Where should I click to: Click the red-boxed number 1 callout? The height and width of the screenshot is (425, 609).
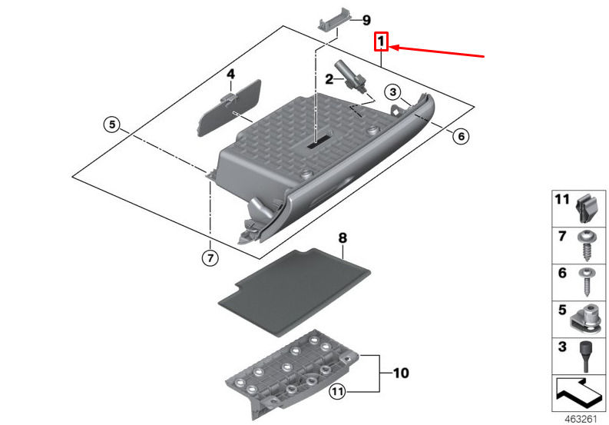click(381, 42)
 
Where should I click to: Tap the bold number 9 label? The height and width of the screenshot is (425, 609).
click(366, 20)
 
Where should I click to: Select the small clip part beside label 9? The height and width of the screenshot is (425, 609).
click(335, 18)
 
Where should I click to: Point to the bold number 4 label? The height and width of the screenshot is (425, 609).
click(230, 74)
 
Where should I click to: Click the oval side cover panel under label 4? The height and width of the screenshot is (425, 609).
click(229, 108)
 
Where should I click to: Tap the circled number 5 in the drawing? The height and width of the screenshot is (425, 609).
click(112, 125)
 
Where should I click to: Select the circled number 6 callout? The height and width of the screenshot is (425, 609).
click(461, 136)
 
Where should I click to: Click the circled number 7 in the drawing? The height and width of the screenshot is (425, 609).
click(210, 257)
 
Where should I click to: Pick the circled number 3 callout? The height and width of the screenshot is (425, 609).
click(392, 92)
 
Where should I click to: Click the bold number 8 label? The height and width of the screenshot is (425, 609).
click(343, 238)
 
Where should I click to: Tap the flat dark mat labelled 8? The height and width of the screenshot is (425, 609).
click(294, 292)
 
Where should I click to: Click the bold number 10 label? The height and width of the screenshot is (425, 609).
click(401, 374)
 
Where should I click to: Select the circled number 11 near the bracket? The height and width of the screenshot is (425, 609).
click(337, 391)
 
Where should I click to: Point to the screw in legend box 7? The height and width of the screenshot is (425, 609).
click(585, 246)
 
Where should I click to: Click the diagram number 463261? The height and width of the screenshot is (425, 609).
click(581, 419)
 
